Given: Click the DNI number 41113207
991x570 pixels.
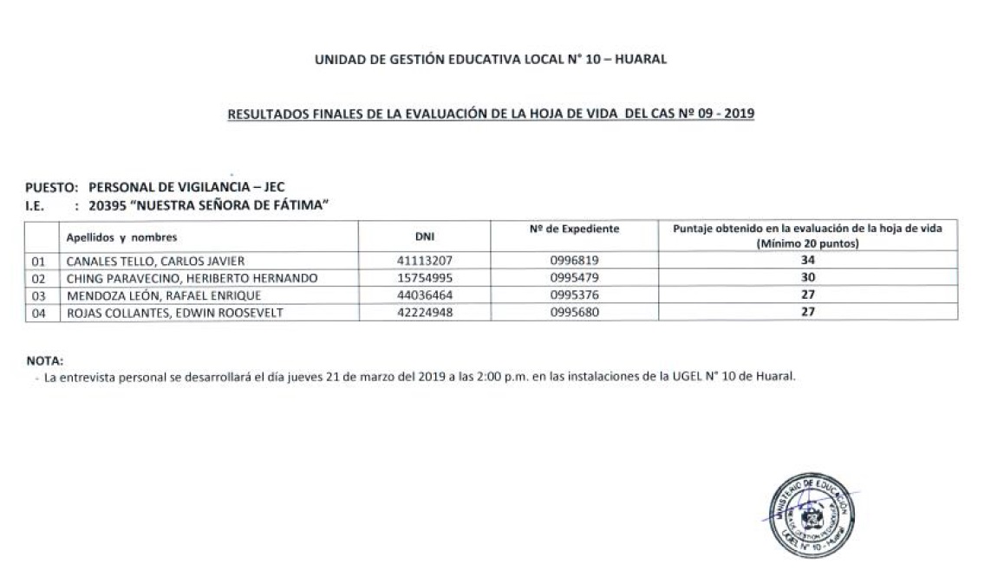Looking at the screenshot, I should (424, 260).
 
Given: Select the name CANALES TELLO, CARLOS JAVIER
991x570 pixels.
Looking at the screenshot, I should (156, 261).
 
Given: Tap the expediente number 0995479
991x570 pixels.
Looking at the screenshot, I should (574, 278).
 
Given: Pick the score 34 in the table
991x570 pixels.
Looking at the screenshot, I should (807, 260).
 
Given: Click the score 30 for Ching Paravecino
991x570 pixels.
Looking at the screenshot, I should (807, 278).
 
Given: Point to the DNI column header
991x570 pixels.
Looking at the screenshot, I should (424, 236).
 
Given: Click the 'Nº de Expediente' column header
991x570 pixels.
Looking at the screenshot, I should (574, 229).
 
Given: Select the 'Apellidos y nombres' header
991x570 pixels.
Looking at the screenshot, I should (122, 236).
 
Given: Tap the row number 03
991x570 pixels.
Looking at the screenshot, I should (38, 296).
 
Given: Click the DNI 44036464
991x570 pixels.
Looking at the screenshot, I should (424, 295).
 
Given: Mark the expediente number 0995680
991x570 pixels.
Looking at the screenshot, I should (574, 313).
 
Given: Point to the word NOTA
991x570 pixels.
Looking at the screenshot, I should (44, 360).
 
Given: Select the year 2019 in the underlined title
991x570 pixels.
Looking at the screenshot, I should (737, 113).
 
